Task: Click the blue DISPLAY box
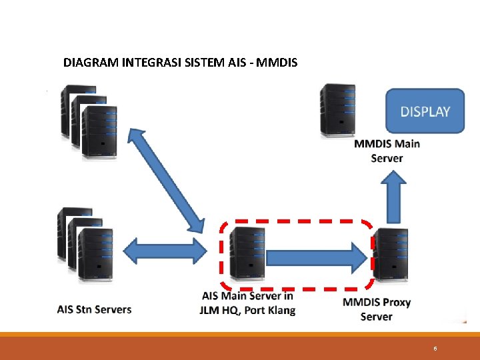(x=425, y=111)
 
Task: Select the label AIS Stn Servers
(x=94, y=309)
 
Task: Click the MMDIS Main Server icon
(x=337, y=110)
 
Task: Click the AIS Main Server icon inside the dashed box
(x=246, y=253)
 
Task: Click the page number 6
(x=435, y=349)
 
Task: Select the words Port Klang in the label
(x=270, y=310)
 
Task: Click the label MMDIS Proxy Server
(x=376, y=309)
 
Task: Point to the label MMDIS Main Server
(x=387, y=151)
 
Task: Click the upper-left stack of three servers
(x=88, y=123)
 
